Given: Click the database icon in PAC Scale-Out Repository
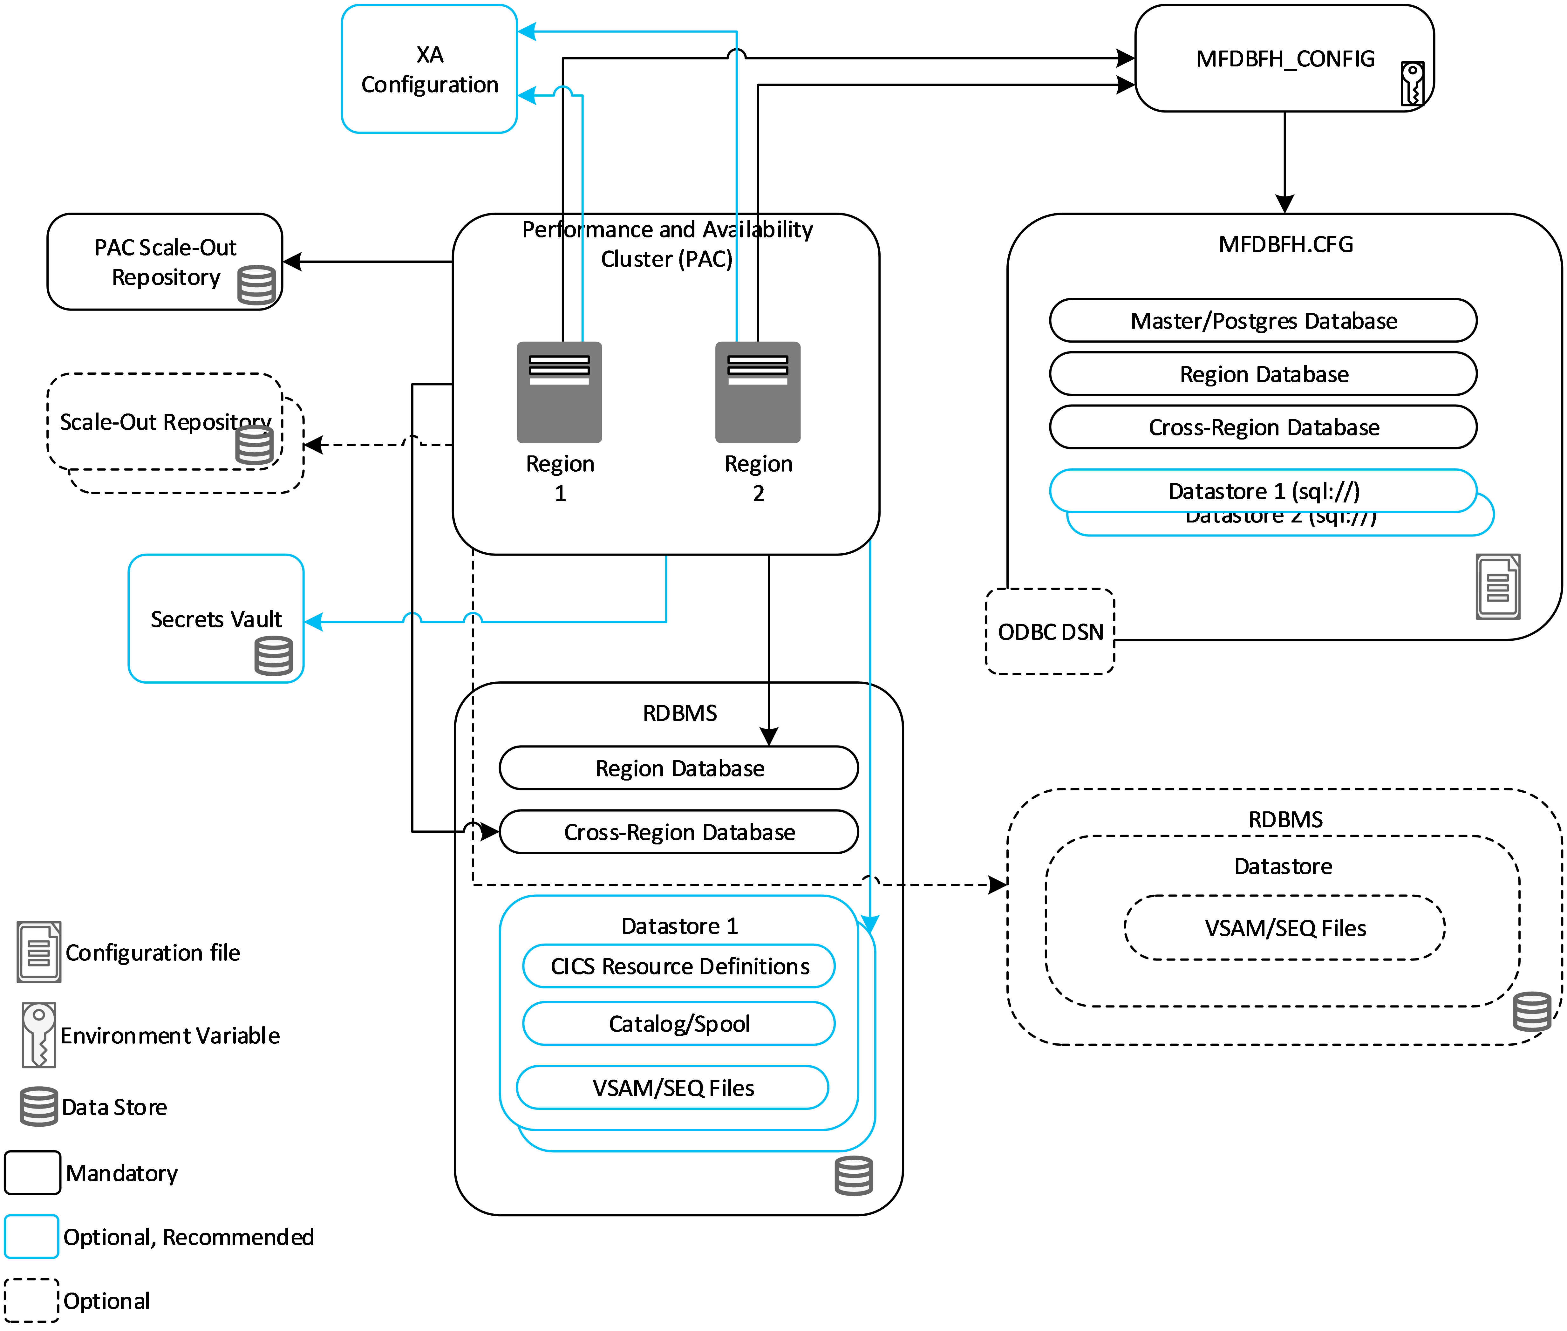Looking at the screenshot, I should pos(256,285).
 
